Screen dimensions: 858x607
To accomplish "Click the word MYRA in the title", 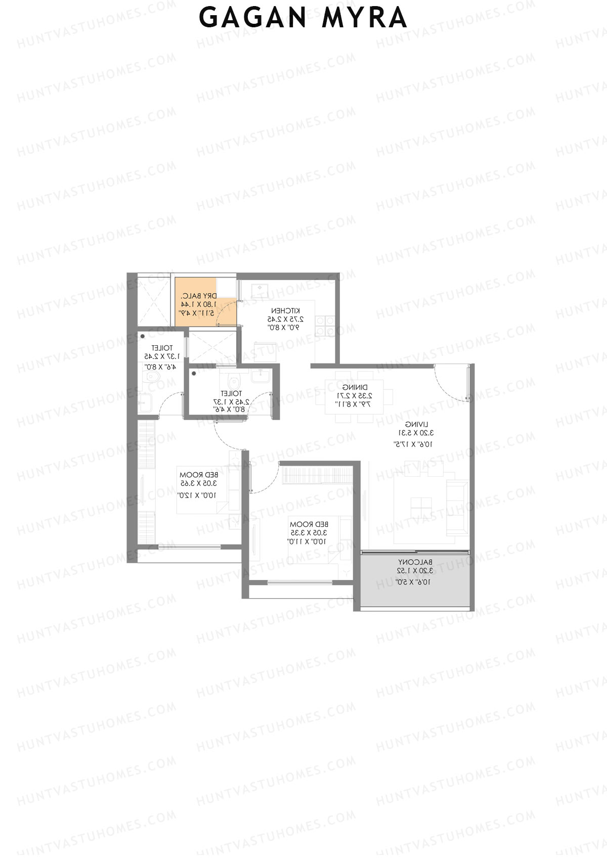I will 364,18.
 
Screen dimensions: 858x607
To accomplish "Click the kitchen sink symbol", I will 259,291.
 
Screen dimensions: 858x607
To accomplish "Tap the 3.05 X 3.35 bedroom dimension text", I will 308,532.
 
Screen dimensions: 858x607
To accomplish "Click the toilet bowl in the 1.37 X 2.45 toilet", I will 151,379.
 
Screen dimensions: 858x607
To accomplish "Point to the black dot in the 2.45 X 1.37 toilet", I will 194,373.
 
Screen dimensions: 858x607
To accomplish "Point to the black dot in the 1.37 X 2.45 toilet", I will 143,336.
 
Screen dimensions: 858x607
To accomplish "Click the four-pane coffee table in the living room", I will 421,505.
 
